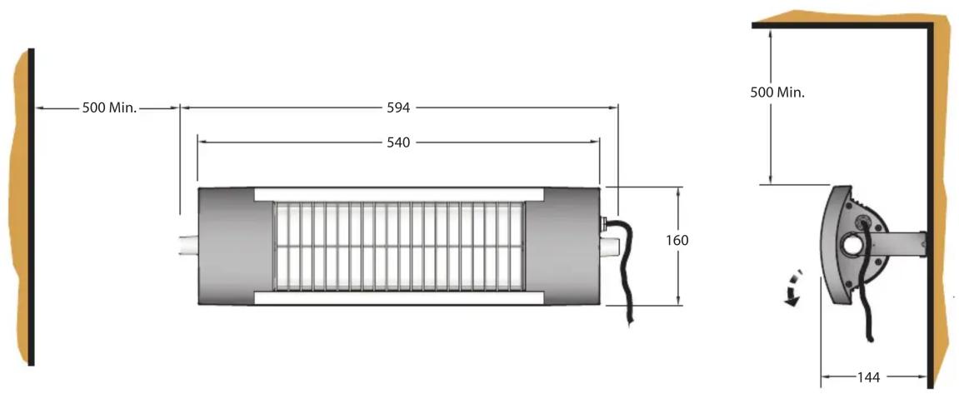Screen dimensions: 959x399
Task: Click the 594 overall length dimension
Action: click(398, 107)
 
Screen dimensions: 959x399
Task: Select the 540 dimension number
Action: click(398, 142)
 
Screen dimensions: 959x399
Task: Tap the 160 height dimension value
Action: click(677, 240)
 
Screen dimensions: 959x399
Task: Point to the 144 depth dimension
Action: click(869, 377)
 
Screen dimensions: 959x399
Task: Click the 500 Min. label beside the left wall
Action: click(110, 108)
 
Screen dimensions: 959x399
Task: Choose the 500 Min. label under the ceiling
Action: click(778, 92)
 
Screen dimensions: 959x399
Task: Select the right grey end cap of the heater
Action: click(562, 246)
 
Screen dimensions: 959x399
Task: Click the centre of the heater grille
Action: click(399, 246)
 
